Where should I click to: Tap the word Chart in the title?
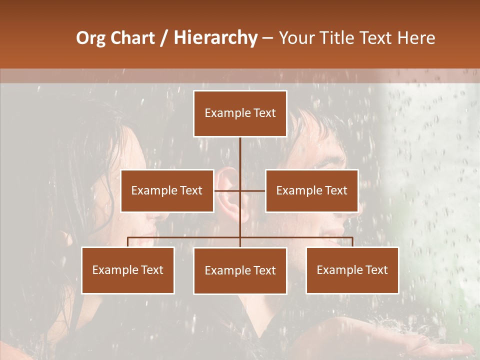(132, 38)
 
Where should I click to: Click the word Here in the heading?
(416, 38)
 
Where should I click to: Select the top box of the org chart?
(240, 113)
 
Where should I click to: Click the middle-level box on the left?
(167, 191)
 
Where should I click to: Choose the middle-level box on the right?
(311, 191)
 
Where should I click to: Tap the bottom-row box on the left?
(128, 270)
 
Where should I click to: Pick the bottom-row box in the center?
(240, 271)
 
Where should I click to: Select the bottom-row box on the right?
(352, 270)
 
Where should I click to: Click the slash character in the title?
(164, 38)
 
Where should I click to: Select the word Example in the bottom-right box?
(337, 270)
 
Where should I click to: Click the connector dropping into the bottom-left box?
(128, 242)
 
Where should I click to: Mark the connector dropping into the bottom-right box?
(352, 242)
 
